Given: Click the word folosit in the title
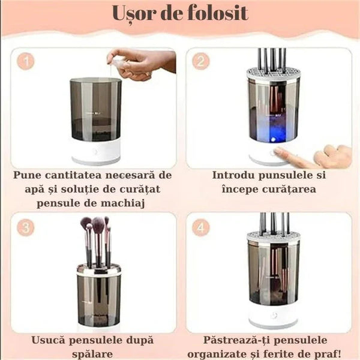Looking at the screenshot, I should (216, 13).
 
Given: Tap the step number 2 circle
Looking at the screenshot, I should (202, 61).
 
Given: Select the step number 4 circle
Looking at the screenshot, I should (202, 227).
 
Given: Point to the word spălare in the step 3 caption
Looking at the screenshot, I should (94, 355).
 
